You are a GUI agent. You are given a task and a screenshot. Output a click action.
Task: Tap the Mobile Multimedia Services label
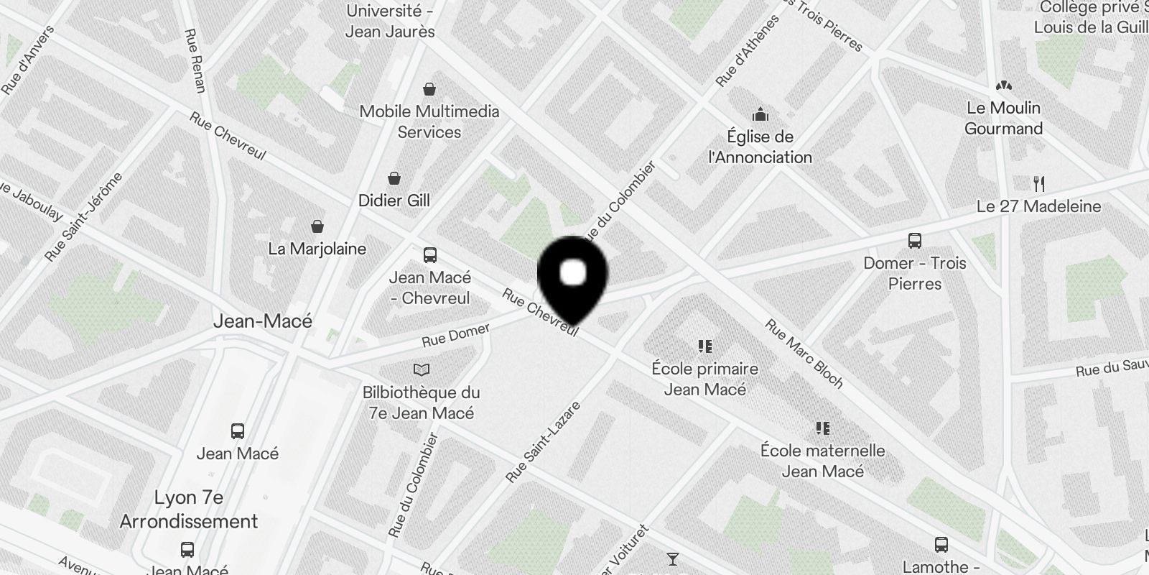point(429,121)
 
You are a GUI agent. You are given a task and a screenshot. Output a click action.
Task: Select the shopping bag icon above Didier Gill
point(394,178)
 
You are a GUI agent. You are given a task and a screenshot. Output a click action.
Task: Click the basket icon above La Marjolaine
point(317,226)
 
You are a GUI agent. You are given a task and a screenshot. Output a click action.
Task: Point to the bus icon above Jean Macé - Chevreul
point(430,255)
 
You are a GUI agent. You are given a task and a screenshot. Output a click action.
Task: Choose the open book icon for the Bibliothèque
point(422,370)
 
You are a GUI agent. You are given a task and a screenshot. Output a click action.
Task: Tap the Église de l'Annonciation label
point(760,147)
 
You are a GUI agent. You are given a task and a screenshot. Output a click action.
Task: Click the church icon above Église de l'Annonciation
point(760,114)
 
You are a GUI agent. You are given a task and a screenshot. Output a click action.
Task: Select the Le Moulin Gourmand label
point(1003,118)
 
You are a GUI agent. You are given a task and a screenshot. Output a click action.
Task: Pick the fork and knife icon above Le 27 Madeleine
point(1038,184)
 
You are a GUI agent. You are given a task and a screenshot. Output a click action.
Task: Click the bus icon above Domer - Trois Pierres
point(914,241)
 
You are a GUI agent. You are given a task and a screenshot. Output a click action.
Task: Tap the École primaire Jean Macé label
point(704,379)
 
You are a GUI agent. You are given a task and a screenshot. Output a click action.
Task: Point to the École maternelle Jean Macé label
point(822,461)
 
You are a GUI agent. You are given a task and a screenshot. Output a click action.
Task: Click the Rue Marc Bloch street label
point(804,354)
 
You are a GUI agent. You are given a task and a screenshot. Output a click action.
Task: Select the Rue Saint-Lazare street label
point(543,442)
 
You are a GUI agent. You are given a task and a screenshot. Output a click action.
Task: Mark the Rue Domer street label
point(455,335)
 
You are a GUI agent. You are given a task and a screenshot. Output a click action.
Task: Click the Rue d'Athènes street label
point(748,51)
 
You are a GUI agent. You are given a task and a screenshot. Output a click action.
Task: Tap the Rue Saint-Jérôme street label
point(83,216)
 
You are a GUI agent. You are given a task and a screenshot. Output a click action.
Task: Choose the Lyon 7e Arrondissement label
point(189,509)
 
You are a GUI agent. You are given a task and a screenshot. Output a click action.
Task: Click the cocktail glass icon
point(673,558)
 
